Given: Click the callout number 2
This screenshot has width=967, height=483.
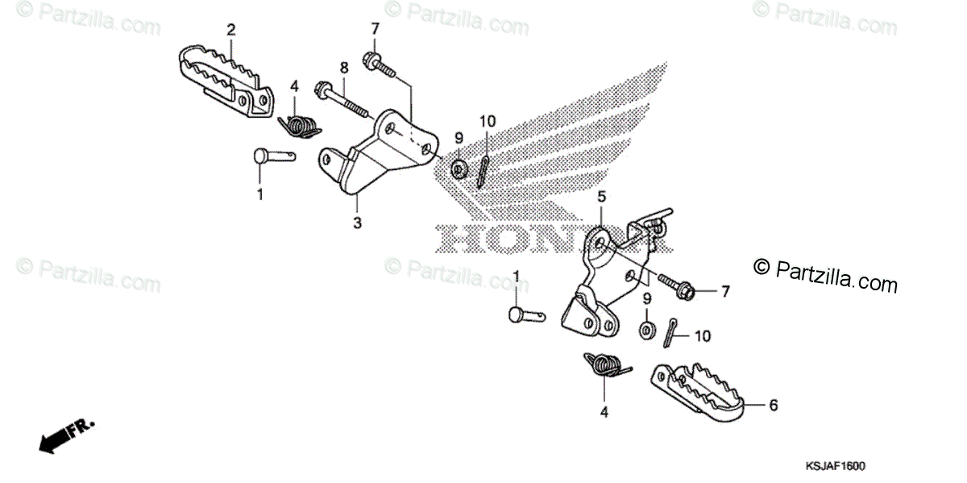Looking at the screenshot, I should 231,30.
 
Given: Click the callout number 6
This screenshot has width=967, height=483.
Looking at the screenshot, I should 774,406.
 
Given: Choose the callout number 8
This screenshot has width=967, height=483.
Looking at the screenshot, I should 344,66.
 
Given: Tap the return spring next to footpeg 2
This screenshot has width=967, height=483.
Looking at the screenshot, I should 298,126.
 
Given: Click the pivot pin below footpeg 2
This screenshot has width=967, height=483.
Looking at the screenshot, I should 272,156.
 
